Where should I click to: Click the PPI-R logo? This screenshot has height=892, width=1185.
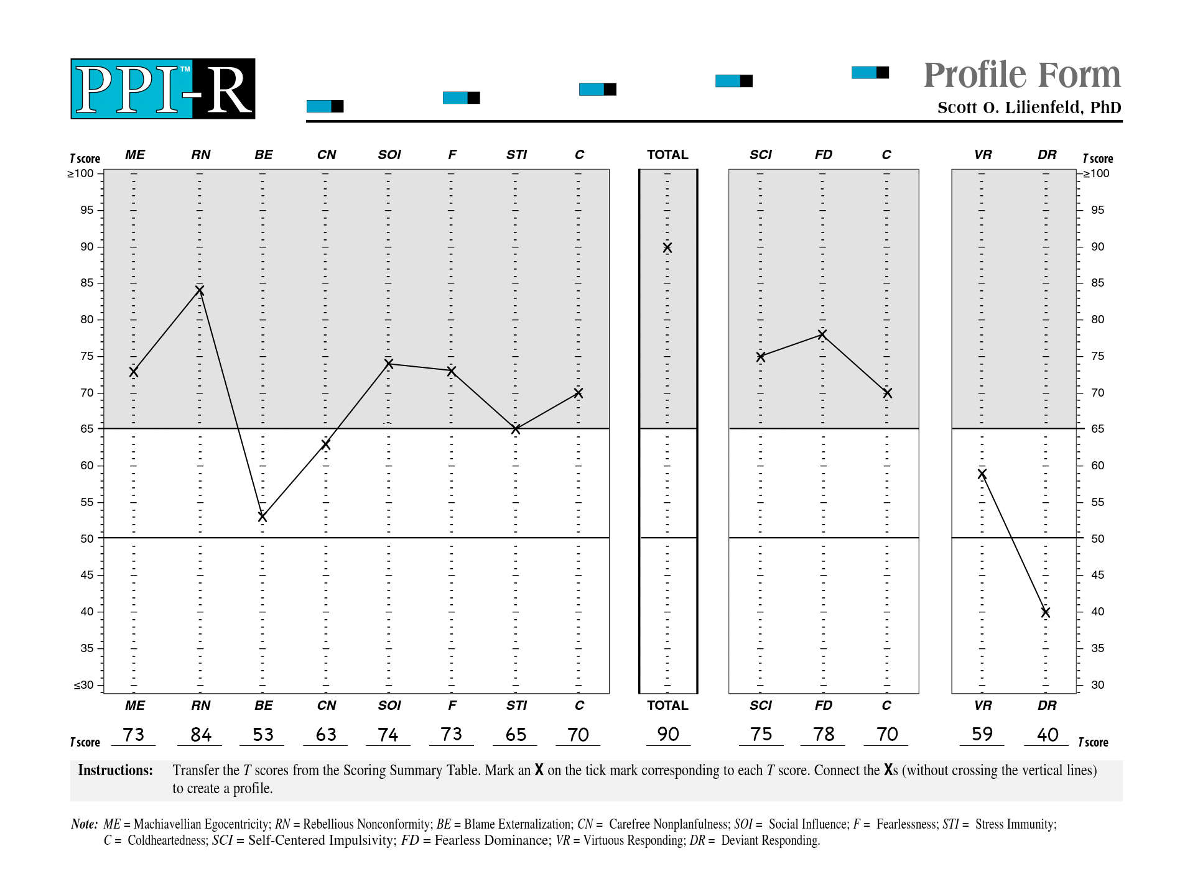pos(163,89)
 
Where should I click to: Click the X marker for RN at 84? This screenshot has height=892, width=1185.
pos(200,290)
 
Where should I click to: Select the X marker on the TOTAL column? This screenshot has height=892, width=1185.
pos(667,247)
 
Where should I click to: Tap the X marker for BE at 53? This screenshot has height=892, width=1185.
pos(263,517)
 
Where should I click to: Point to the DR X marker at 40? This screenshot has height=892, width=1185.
pos(1046,612)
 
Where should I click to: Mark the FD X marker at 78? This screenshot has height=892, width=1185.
pos(822,334)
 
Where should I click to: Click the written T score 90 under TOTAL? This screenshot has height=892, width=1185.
pos(668,734)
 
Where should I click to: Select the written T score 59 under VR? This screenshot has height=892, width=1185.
pos(982,734)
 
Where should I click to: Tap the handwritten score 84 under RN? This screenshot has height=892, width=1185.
pos(201,735)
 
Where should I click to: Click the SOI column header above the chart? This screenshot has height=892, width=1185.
pos(389,155)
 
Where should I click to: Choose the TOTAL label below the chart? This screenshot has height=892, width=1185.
pos(667,706)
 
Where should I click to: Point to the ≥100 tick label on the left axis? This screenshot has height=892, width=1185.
pos(81,173)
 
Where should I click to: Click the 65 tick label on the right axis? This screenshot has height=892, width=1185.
pos(1098,429)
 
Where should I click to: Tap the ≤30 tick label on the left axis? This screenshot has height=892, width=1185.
pos(84,685)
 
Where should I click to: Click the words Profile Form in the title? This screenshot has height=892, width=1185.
pos(1022,75)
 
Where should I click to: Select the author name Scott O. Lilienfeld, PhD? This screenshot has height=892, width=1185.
pos(1029,108)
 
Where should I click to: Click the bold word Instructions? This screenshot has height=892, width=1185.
pos(115,770)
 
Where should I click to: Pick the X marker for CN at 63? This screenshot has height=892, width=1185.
pos(325,444)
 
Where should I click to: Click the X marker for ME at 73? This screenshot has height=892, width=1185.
pos(134,372)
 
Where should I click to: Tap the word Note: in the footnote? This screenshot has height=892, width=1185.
pos(85,824)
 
